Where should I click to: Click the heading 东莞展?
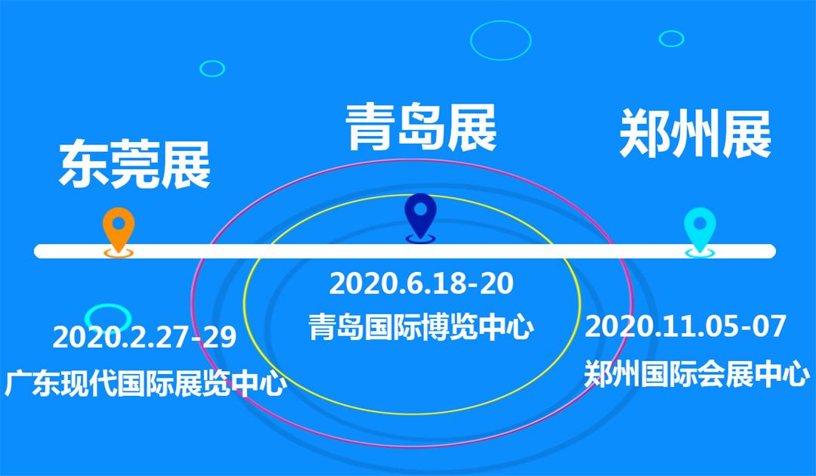coord(134,164)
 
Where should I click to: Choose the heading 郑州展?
coord(695,133)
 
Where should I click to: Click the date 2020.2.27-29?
coord(144,337)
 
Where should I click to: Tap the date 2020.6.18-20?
coord(421,283)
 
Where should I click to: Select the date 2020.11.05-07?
coord(685,326)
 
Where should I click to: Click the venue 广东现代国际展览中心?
coord(146,384)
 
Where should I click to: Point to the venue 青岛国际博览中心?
coord(421,327)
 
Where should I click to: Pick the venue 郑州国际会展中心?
coord(697,374)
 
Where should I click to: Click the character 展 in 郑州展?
coord(746,133)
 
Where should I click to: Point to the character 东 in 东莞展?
coord(83,164)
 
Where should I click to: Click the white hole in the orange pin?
coord(119,223)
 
